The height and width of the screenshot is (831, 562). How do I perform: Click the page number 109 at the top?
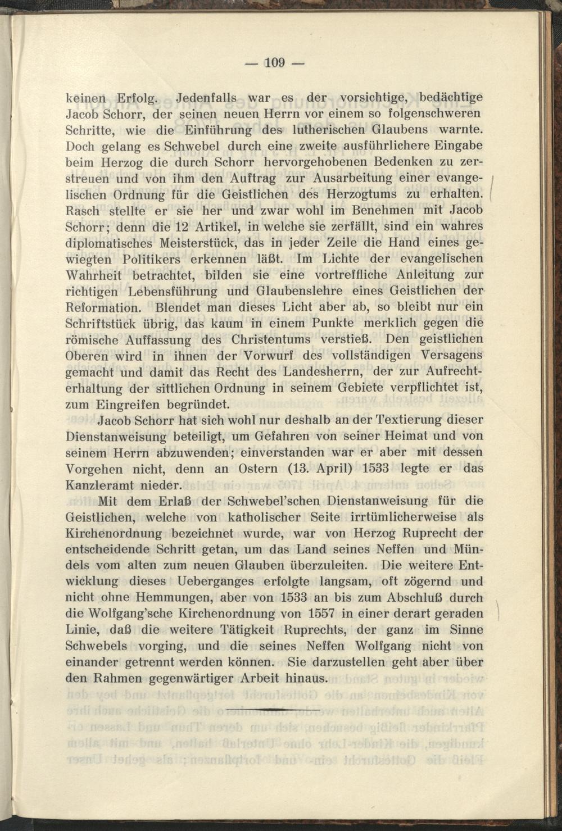click(275, 62)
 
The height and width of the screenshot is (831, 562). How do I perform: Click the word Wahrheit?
click(95, 276)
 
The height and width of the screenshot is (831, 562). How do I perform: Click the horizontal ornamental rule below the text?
click(273, 710)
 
